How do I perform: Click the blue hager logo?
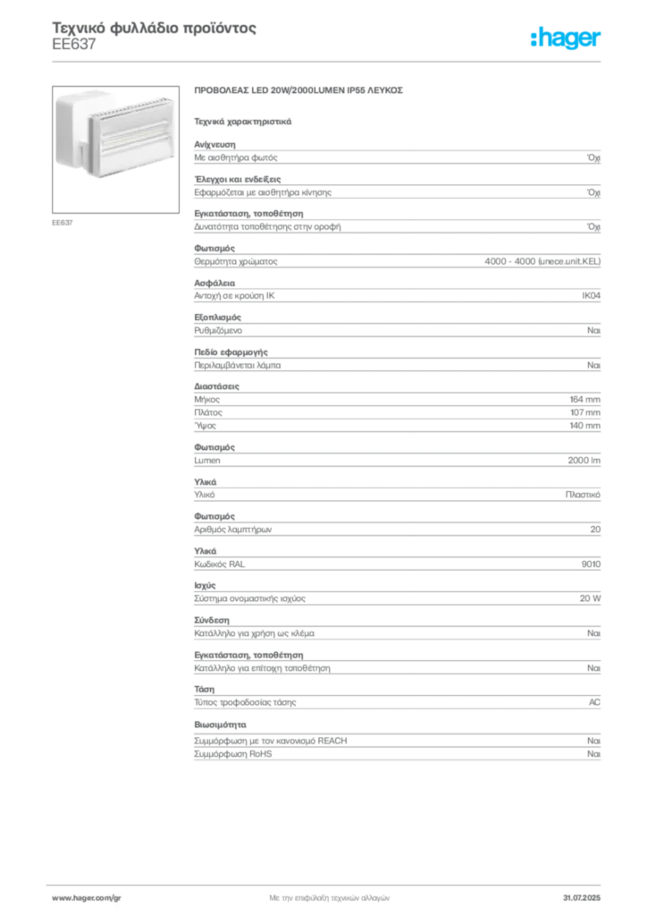(567, 38)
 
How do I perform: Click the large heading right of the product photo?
(300, 92)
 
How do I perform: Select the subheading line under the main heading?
(243, 119)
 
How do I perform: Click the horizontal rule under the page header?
(328, 61)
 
